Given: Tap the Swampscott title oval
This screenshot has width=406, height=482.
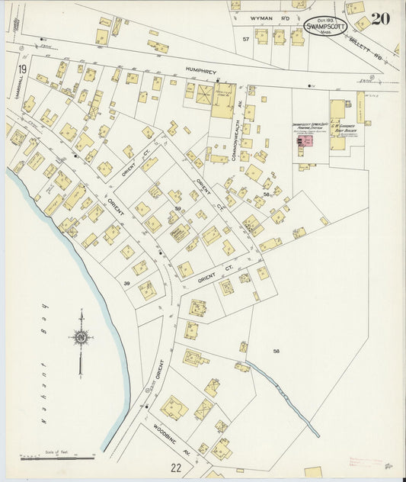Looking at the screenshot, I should (323, 27).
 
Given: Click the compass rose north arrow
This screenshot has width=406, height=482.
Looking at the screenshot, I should (79, 336).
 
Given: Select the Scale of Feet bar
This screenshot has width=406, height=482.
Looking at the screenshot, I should (57, 457).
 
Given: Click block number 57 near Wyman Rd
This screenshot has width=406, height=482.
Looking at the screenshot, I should (245, 37).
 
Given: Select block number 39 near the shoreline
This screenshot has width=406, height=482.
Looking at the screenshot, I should (127, 283).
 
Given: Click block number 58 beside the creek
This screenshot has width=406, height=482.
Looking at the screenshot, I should (277, 350).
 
